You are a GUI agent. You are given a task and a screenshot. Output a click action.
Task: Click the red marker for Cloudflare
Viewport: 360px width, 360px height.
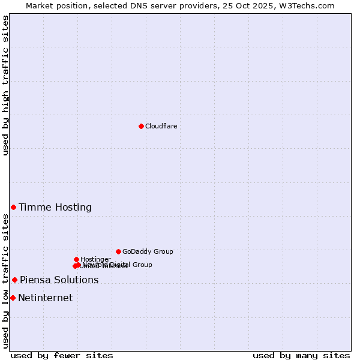[141, 126]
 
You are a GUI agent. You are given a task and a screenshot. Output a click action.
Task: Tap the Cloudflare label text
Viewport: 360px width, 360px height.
[161, 126]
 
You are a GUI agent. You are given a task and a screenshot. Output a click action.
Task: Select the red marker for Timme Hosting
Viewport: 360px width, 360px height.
[13, 207]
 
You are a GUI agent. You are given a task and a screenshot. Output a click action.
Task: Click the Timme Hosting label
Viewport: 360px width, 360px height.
[55, 208]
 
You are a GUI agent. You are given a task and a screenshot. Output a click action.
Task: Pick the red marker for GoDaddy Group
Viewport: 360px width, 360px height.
[118, 251]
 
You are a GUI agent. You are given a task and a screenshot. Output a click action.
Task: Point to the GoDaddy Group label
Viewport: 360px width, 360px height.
[148, 251]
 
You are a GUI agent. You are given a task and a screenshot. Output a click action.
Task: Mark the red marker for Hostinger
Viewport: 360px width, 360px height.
[76, 259]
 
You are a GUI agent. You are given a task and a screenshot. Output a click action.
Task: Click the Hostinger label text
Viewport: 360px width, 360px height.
[95, 259]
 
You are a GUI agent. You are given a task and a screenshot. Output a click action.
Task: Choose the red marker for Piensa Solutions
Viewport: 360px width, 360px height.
[14, 280]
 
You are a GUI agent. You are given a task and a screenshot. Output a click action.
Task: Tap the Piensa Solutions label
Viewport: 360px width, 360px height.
[59, 280]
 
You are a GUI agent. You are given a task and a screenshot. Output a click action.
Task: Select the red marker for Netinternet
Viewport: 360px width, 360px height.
[13, 298]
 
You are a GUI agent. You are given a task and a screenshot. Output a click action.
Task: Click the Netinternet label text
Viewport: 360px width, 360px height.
[45, 298]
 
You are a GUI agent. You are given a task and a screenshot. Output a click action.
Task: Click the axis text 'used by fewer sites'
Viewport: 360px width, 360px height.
[62, 355]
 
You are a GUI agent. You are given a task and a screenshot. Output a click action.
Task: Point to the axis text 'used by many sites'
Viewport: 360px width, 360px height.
[301, 355]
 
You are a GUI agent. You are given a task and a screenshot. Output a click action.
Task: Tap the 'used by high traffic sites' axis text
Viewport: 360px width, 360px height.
[5, 85]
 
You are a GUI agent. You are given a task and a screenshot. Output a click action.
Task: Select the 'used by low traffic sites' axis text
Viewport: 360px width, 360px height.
[5, 281]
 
